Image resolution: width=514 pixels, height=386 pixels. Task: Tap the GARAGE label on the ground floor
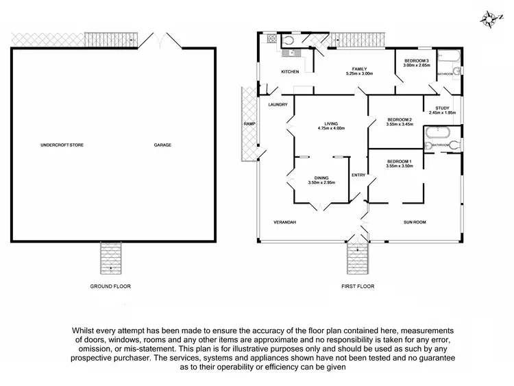click(162, 145)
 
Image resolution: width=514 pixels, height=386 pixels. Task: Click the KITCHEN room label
click(290, 72)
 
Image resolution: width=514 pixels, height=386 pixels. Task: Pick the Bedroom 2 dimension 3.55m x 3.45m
click(400, 124)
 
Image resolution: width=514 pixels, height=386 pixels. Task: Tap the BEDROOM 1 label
click(400, 161)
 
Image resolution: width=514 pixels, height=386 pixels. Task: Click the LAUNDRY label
click(278, 104)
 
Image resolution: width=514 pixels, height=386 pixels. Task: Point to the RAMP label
click(249, 124)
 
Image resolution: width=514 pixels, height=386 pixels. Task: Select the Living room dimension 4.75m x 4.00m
click(331, 128)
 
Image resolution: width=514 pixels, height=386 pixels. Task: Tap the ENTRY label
click(358, 176)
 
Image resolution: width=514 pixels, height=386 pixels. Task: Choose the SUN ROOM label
click(415, 222)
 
